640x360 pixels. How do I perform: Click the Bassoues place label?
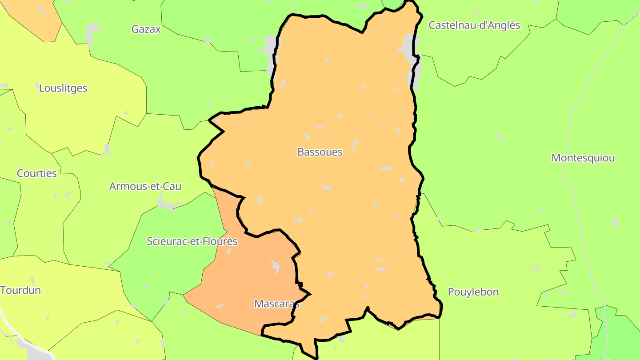320,152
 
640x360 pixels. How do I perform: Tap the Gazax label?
146,29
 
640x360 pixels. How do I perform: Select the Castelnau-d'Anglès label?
474,25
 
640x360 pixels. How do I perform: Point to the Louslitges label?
63,88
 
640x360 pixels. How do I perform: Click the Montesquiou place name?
583,158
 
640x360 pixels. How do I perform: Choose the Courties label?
37,173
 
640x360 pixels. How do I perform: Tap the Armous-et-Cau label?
145,186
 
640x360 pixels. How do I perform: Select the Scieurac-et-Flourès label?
192,242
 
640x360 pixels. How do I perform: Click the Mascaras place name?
276,304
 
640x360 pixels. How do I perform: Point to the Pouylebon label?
473,292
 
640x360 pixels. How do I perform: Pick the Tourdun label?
21,291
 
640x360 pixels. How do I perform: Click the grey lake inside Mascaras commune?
276,266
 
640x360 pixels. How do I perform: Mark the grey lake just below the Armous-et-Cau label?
168,205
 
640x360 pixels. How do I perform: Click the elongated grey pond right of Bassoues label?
354,145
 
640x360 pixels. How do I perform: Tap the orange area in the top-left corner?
36,16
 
